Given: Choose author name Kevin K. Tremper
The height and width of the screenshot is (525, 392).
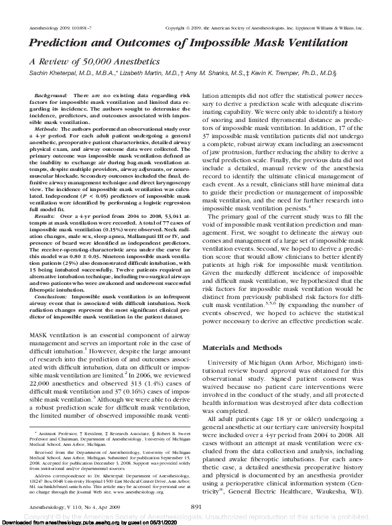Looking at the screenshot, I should (x=295, y=72).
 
